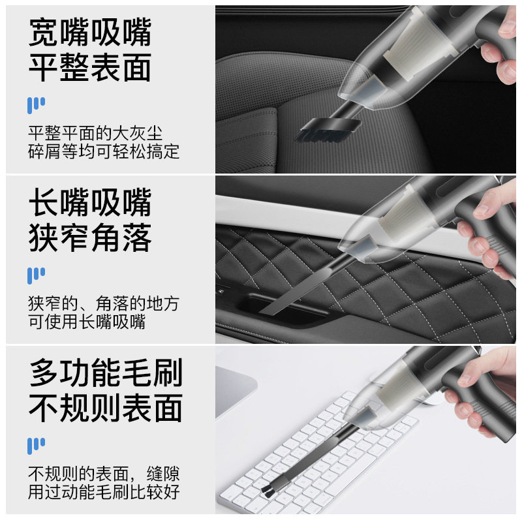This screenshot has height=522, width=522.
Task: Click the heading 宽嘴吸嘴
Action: (x=90, y=31)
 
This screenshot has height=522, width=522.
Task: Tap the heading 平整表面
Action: (x=90, y=67)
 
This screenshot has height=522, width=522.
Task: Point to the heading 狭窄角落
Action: (x=90, y=238)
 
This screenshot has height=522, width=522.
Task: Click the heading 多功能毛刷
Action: (x=105, y=373)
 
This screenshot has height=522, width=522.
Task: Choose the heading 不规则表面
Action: (x=105, y=408)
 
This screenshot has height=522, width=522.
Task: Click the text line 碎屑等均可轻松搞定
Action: (x=104, y=152)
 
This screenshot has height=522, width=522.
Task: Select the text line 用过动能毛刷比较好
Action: (x=104, y=491)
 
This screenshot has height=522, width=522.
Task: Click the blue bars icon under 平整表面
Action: (x=36, y=105)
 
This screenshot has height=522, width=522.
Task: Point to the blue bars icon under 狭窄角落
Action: (x=36, y=275)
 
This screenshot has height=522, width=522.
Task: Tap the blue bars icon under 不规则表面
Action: (x=36, y=446)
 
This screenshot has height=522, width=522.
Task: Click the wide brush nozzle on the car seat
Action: (x=324, y=129)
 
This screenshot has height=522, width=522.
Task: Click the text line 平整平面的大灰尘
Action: (x=104, y=134)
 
